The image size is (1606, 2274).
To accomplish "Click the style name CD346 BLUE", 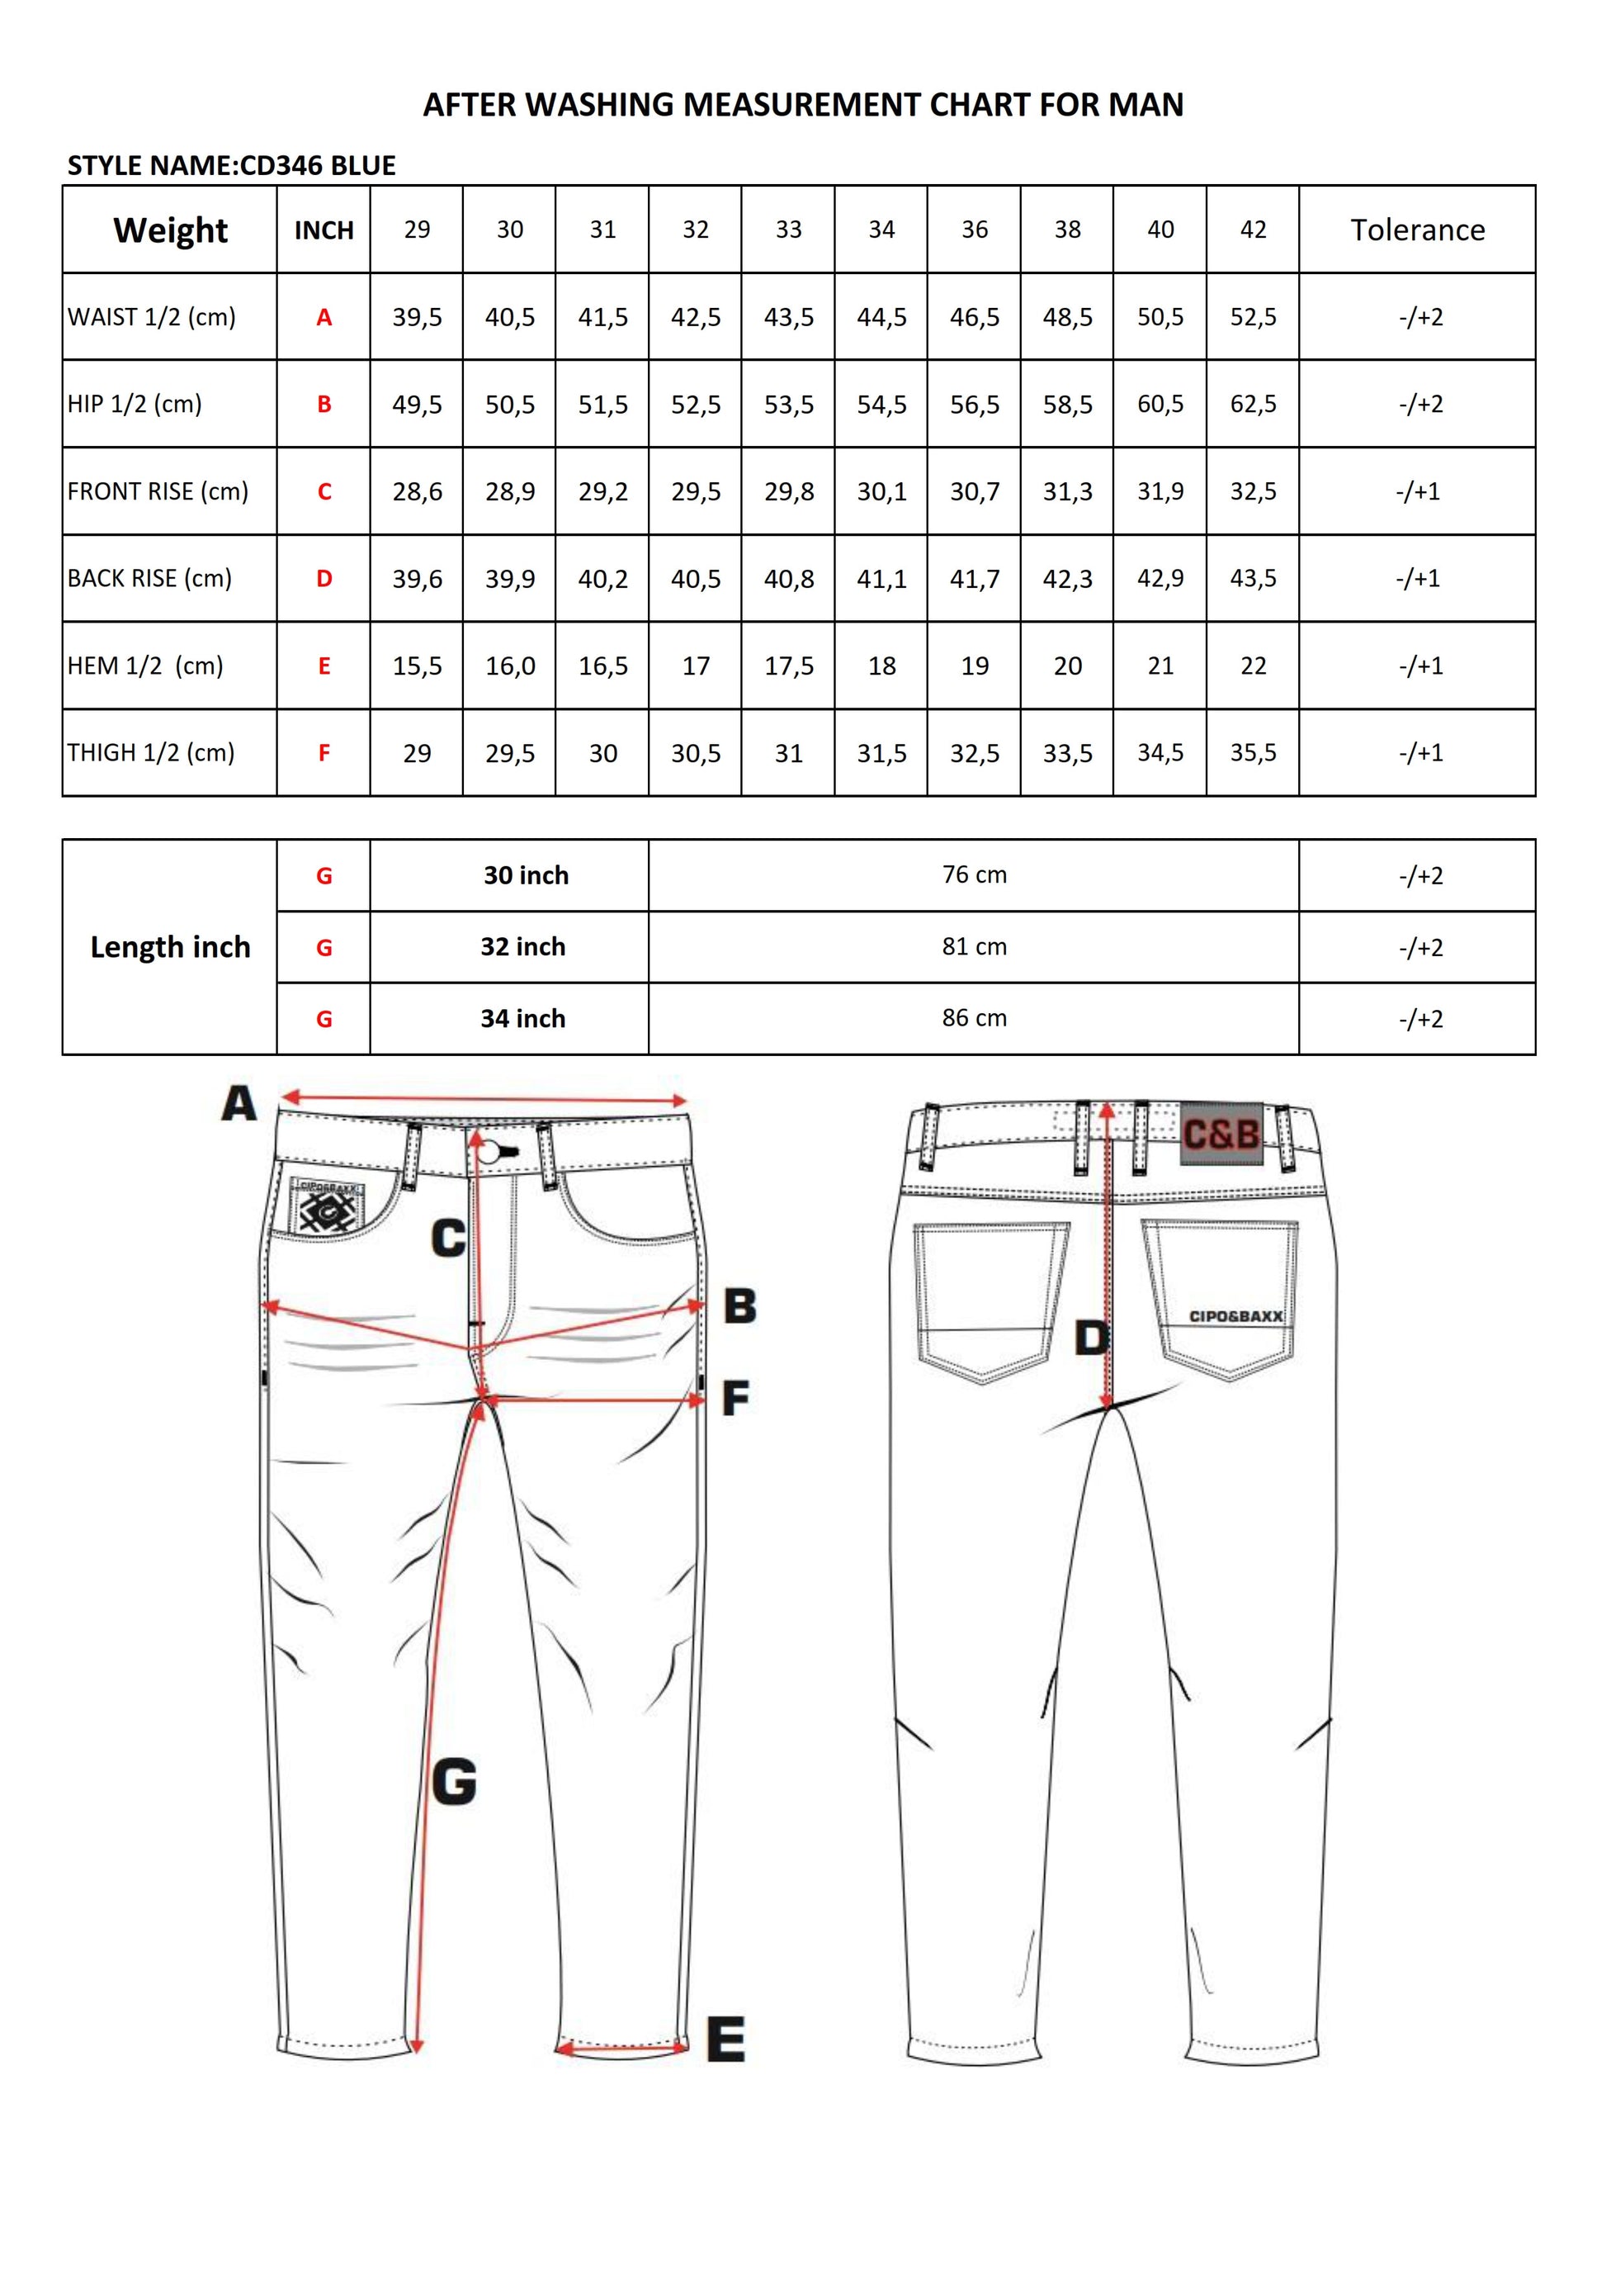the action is [318, 165].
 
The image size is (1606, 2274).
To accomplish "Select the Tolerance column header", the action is [1417, 230].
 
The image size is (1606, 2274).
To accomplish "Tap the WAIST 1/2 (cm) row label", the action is [152, 317].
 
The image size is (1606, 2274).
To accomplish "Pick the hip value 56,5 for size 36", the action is [975, 404].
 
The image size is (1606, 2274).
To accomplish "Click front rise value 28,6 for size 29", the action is [417, 491].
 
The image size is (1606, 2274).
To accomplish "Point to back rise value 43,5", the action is [1253, 578].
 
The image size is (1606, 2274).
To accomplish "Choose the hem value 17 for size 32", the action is [695, 666].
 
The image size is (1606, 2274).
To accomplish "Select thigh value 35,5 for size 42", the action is [1253, 753].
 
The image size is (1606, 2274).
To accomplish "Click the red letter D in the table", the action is [324, 578].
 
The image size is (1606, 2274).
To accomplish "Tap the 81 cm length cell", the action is [975, 947].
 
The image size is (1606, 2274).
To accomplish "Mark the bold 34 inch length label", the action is [522, 1018].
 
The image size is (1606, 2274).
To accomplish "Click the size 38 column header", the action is [1067, 230].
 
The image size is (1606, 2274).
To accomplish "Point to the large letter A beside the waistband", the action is [239, 1103].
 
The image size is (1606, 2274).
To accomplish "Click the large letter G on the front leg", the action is [455, 1782].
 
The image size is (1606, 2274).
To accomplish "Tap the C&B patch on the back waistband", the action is [1221, 1133].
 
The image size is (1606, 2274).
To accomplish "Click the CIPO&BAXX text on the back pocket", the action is [1235, 1316].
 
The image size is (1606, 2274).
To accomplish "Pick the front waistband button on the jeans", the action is [489, 1151].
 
